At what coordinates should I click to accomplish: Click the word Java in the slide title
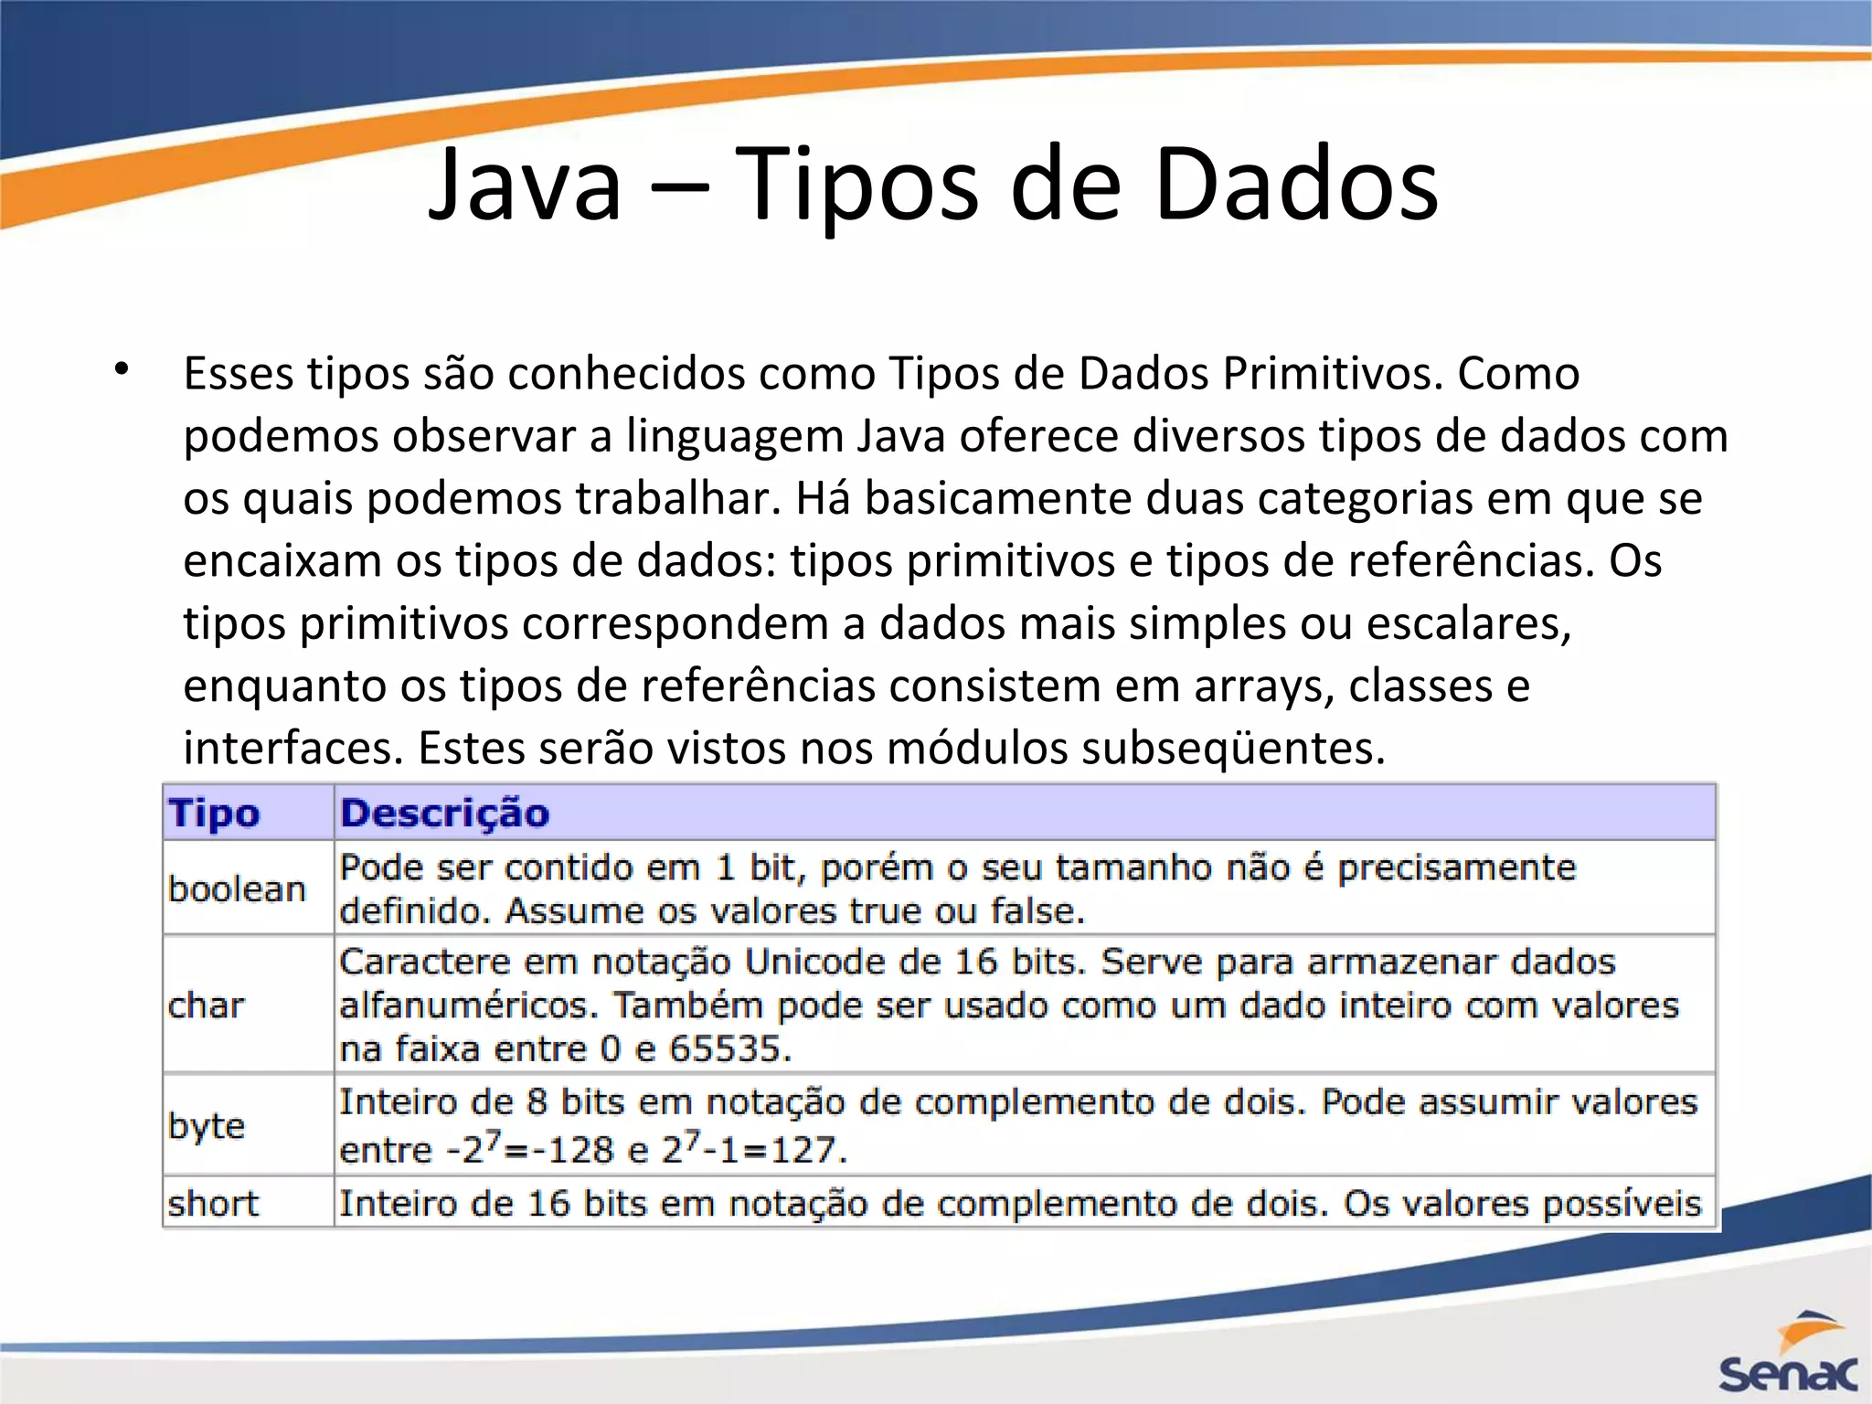[x=526, y=186]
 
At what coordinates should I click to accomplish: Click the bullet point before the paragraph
[x=122, y=370]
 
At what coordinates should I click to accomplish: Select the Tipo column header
[x=215, y=813]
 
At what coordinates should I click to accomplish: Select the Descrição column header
[x=445, y=813]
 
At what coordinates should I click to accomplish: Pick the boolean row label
[x=237, y=888]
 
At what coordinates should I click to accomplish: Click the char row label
[x=207, y=1005]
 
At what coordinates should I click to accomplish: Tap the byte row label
[x=207, y=1126]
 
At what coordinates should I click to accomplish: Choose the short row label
[x=214, y=1203]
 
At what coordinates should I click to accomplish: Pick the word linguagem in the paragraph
[x=734, y=436]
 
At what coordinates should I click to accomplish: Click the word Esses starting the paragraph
[x=239, y=373]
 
